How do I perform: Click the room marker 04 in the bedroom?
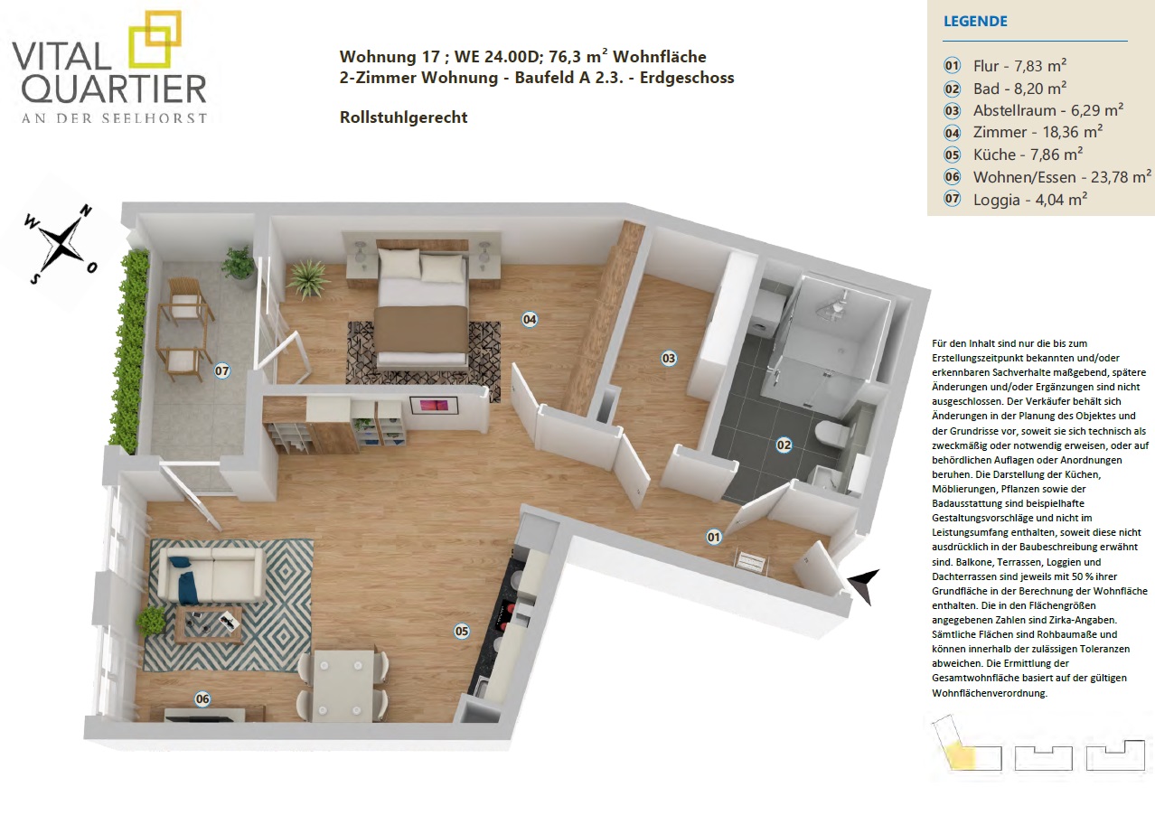pos(530,320)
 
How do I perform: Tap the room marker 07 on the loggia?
pos(222,370)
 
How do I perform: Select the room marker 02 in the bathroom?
pos(784,445)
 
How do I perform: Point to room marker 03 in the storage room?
pos(669,359)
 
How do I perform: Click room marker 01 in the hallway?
pos(714,538)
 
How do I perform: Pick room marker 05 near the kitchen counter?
pos(462,631)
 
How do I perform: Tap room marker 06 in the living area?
pos(202,699)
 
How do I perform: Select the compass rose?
pos(61,244)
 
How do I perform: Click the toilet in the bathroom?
pos(831,432)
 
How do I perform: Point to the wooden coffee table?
pos(209,624)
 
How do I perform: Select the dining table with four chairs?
pos(342,684)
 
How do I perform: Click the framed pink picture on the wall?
pos(434,405)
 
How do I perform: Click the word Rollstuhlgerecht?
pos(403,117)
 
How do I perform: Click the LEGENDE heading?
pos(975,21)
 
